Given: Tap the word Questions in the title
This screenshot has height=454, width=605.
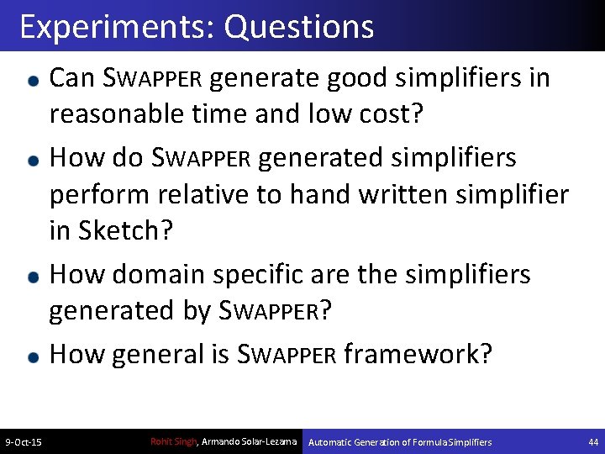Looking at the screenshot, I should coord(298,27).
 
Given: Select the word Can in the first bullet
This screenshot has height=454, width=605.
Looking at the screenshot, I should coord(73,78).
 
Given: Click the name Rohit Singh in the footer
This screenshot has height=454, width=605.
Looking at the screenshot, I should coord(172,441).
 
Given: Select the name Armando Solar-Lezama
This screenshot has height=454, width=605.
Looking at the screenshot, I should coord(250,441).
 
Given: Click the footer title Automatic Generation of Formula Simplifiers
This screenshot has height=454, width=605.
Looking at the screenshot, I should coord(400,442).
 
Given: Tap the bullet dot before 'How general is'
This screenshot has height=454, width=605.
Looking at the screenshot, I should coord(32,357).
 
